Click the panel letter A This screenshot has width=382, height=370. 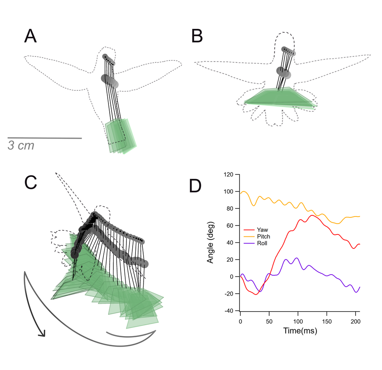point(30,36)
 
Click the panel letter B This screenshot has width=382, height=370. point(197,36)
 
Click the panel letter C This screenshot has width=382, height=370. point(31,182)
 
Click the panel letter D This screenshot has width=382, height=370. point(195,186)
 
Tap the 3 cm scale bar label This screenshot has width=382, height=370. point(21,145)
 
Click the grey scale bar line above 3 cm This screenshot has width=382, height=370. point(44,138)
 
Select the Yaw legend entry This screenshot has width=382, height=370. point(256,230)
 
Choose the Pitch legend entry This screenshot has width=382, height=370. point(257,236)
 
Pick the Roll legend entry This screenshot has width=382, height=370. point(255,243)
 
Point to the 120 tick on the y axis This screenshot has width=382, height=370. point(229,174)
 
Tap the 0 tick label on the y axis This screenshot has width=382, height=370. point(231,277)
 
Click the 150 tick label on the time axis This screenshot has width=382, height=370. point(327,321)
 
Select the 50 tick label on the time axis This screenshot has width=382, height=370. point(269,321)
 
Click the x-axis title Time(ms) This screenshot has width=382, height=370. point(300,331)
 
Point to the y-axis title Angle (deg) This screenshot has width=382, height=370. point(210,242)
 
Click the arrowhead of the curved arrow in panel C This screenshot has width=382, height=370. point(42,333)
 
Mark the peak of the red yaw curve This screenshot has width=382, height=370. point(312,215)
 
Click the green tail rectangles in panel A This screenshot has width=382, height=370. point(121,136)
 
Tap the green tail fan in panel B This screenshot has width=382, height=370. point(280,97)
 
